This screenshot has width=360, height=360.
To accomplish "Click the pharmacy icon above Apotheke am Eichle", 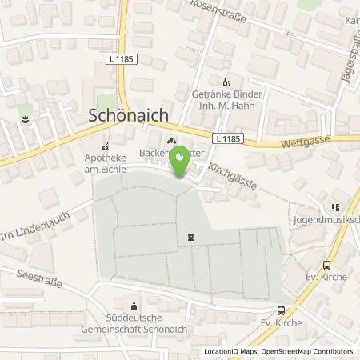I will [106, 146].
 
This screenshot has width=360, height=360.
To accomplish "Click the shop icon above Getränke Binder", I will [226, 82].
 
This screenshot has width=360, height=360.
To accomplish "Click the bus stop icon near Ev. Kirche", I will [282, 310].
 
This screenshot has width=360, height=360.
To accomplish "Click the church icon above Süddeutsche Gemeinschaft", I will [135, 305].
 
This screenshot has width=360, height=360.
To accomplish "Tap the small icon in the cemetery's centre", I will [190, 236].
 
